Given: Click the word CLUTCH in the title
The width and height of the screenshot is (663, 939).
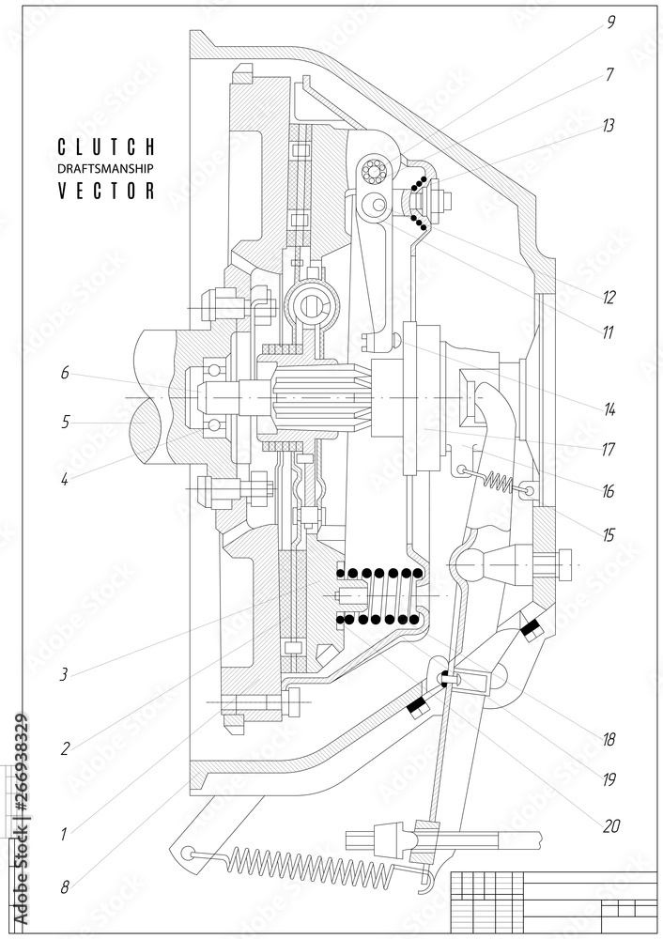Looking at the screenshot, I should (106, 146).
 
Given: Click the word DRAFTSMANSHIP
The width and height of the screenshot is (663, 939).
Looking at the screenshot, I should (106, 168).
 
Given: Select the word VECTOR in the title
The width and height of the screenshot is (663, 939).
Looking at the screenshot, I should (106, 191).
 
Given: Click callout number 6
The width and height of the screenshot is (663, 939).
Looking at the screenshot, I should (65, 373).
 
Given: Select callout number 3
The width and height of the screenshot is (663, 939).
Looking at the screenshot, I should (65, 672).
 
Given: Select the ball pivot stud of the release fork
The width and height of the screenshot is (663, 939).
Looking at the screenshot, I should (470, 563).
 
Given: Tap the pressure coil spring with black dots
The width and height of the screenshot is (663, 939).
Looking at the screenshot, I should (380, 596).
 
